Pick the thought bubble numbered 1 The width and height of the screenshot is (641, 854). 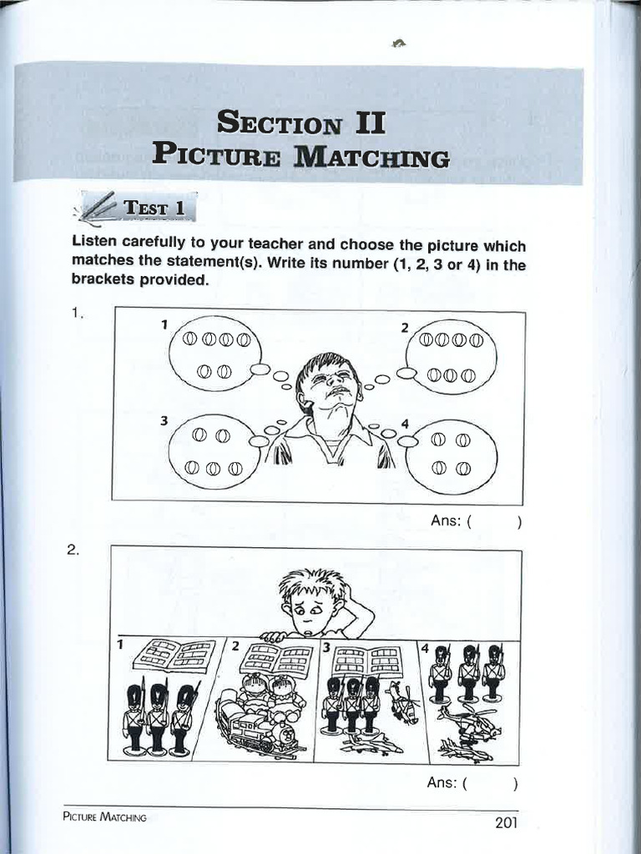(x=215, y=354)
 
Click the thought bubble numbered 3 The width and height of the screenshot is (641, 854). (x=214, y=450)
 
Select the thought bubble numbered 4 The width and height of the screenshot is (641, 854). (x=451, y=455)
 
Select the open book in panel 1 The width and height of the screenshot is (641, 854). (x=174, y=655)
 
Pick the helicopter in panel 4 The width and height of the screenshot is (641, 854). (x=469, y=721)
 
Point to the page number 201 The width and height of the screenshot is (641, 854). (x=507, y=823)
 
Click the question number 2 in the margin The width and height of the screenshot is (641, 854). (x=75, y=550)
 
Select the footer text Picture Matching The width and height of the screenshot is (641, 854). (x=104, y=818)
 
